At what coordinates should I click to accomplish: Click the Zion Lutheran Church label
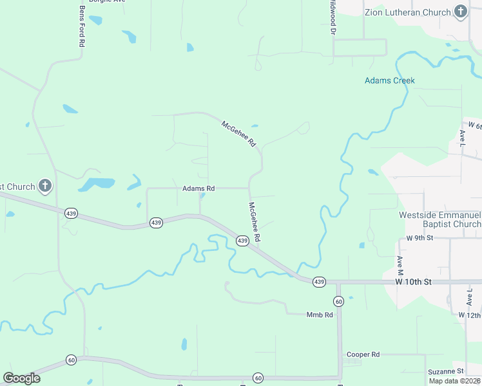point(407,12)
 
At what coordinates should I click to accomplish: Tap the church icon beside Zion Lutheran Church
point(460,11)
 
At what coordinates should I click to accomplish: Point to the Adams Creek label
point(389,80)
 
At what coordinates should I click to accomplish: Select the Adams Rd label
point(198,188)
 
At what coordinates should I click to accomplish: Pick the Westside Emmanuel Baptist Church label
point(440,219)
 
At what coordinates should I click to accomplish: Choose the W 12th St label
point(470,315)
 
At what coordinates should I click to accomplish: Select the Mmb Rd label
point(320,315)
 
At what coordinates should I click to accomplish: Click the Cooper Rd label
point(363,354)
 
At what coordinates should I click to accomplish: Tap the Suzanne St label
point(446,372)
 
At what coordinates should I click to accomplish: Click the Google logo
point(21,378)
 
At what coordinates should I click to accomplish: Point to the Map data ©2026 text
point(455,381)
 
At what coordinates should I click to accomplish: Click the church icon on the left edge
point(44,187)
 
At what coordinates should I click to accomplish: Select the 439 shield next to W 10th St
point(319,282)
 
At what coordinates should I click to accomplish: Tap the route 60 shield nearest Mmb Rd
point(338,301)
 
